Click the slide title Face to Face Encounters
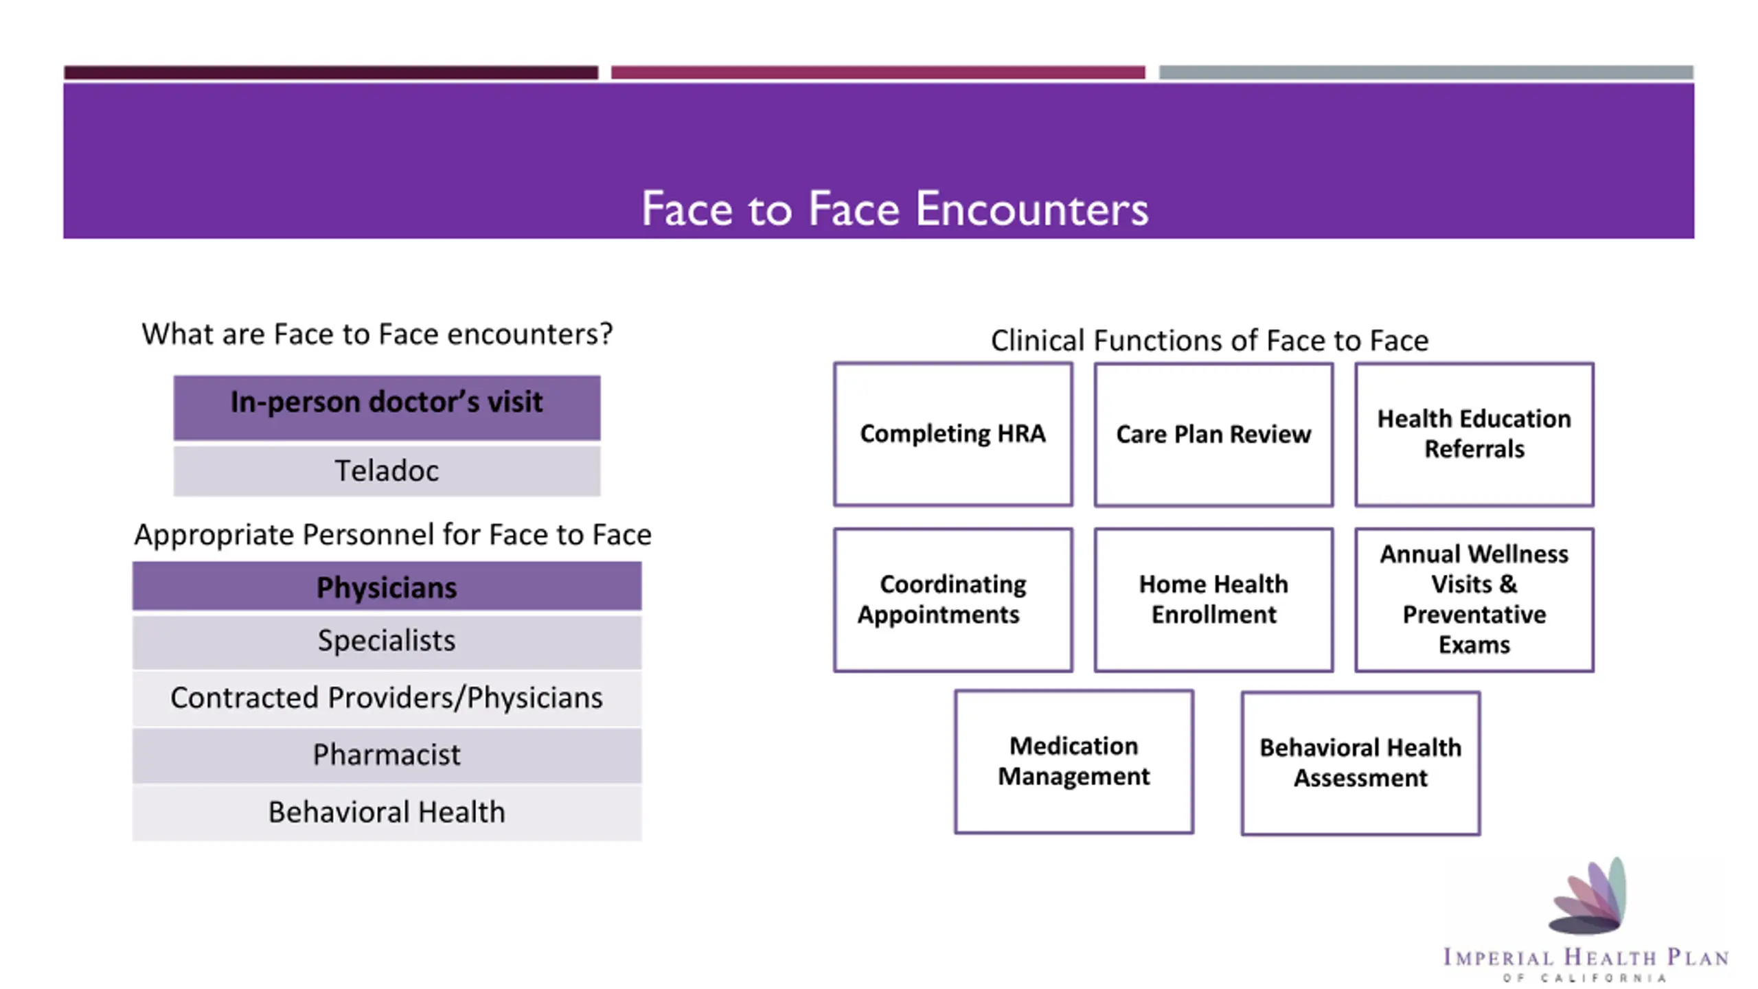tap(894, 208)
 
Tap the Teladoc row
tap(387, 471)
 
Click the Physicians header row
tap(387, 587)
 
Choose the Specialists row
tap(387, 641)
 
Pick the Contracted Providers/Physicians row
tap(387, 698)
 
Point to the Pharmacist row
tap(387, 755)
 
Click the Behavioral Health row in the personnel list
tap(387, 812)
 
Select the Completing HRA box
tap(952, 434)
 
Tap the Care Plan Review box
tap(1213, 435)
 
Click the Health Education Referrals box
tap(1474, 434)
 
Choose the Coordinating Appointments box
tap(952, 600)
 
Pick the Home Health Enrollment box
tap(1213, 600)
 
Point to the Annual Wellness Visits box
tap(1474, 600)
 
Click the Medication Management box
tap(1073, 762)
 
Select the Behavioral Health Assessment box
tap(1360, 763)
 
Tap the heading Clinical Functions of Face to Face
tap(1209, 341)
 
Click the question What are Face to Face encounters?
tap(377, 334)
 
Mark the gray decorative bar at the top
tap(1426, 72)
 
